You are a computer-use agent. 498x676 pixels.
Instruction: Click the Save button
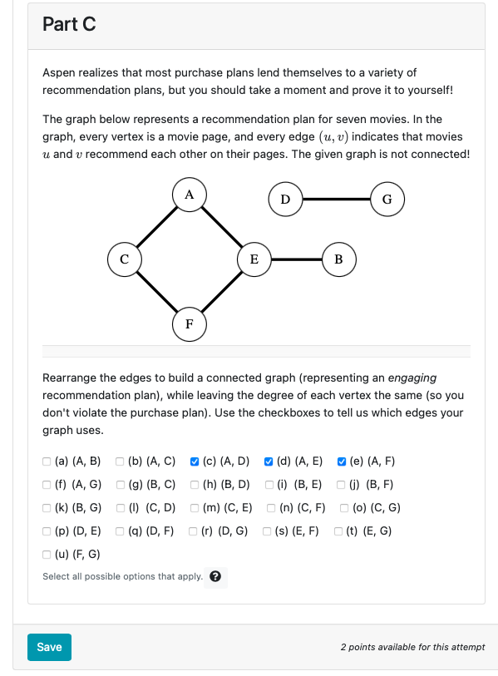point(49,647)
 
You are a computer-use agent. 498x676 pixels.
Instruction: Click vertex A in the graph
point(189,195)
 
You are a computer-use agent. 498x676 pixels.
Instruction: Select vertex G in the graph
point(387,199)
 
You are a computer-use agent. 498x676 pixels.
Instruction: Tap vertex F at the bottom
point(189,323)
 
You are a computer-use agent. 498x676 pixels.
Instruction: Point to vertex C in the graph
point(124,259)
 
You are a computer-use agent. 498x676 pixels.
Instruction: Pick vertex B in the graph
point(338,259)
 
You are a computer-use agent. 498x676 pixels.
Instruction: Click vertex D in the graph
point(285,199)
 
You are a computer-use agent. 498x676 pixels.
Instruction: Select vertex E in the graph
point(254,259)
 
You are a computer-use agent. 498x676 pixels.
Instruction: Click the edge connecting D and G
point(336,199)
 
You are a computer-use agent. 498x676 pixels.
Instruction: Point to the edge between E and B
point(296,259)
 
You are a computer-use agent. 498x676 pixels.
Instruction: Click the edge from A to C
point(156,227)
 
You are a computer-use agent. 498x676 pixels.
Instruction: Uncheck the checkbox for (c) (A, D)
point(195,461)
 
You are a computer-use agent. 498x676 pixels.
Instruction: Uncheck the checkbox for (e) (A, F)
point(343,461)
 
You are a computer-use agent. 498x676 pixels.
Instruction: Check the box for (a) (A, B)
point(47,461)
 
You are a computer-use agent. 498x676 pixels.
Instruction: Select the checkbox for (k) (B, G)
point(47,508)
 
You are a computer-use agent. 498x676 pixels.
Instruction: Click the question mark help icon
point(215,577)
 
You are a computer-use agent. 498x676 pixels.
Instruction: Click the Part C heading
point(69,25)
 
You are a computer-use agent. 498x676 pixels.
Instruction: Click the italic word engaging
point(412,377)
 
